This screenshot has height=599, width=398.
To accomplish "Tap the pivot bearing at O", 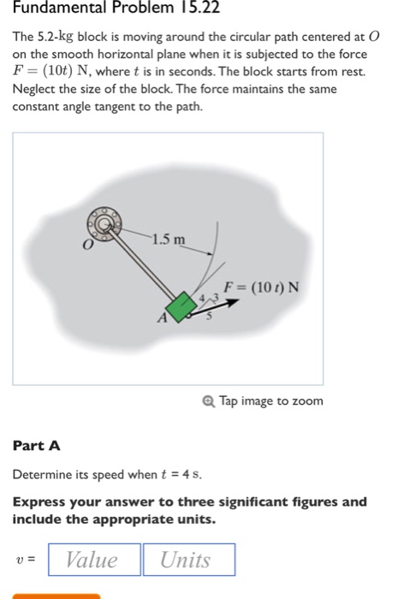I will tap(103, 225).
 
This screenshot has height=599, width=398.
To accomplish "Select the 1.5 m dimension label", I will tap(168, 239).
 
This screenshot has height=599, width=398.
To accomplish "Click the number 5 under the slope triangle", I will tap(207, 315).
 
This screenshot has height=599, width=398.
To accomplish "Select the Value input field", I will tap(93, 560).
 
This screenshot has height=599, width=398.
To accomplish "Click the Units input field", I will tap(187, 560).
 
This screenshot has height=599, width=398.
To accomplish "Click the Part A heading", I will tap(37, 446).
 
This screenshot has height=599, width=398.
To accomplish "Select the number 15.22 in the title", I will tap(182, 12).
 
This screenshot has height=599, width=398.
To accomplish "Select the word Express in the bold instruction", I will tap(39, 502).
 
